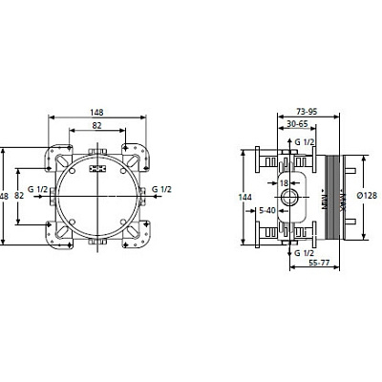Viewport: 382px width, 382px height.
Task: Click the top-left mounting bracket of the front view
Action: pos(60,151)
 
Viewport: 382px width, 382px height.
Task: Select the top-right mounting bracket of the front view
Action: pos(135,151)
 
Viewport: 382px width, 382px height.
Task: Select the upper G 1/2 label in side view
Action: pos(308,142)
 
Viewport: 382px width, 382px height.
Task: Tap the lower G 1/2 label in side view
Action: pos(308,253)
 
